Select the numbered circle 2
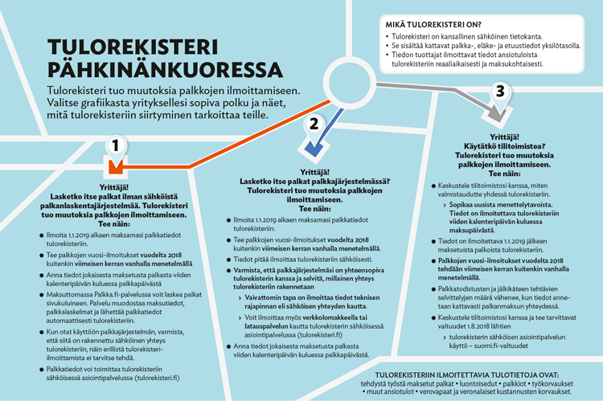(314, 124)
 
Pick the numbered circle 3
(501, 92)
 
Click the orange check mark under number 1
(116, 168)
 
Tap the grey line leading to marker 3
(434, 84)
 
